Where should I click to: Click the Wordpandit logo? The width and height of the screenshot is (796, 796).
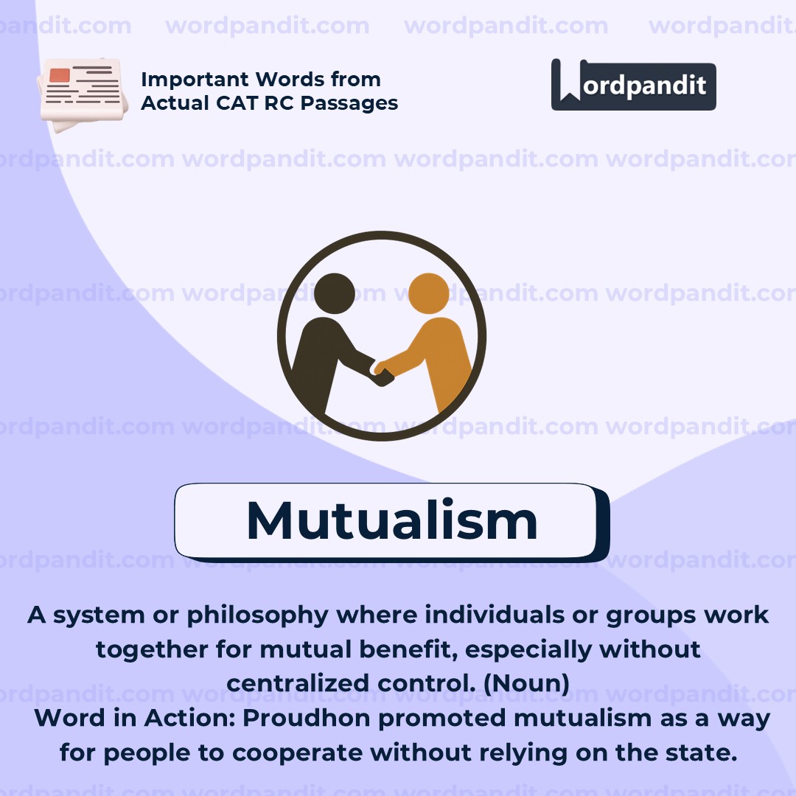633,85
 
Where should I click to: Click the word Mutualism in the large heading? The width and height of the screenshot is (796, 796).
391,520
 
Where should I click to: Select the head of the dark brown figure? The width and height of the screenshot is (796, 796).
334,293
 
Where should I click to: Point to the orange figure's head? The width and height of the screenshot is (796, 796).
428,293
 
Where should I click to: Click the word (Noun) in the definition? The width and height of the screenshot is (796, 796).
526,683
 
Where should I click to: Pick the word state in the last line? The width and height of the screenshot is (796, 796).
709,753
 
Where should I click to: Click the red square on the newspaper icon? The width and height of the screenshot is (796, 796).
60,75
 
